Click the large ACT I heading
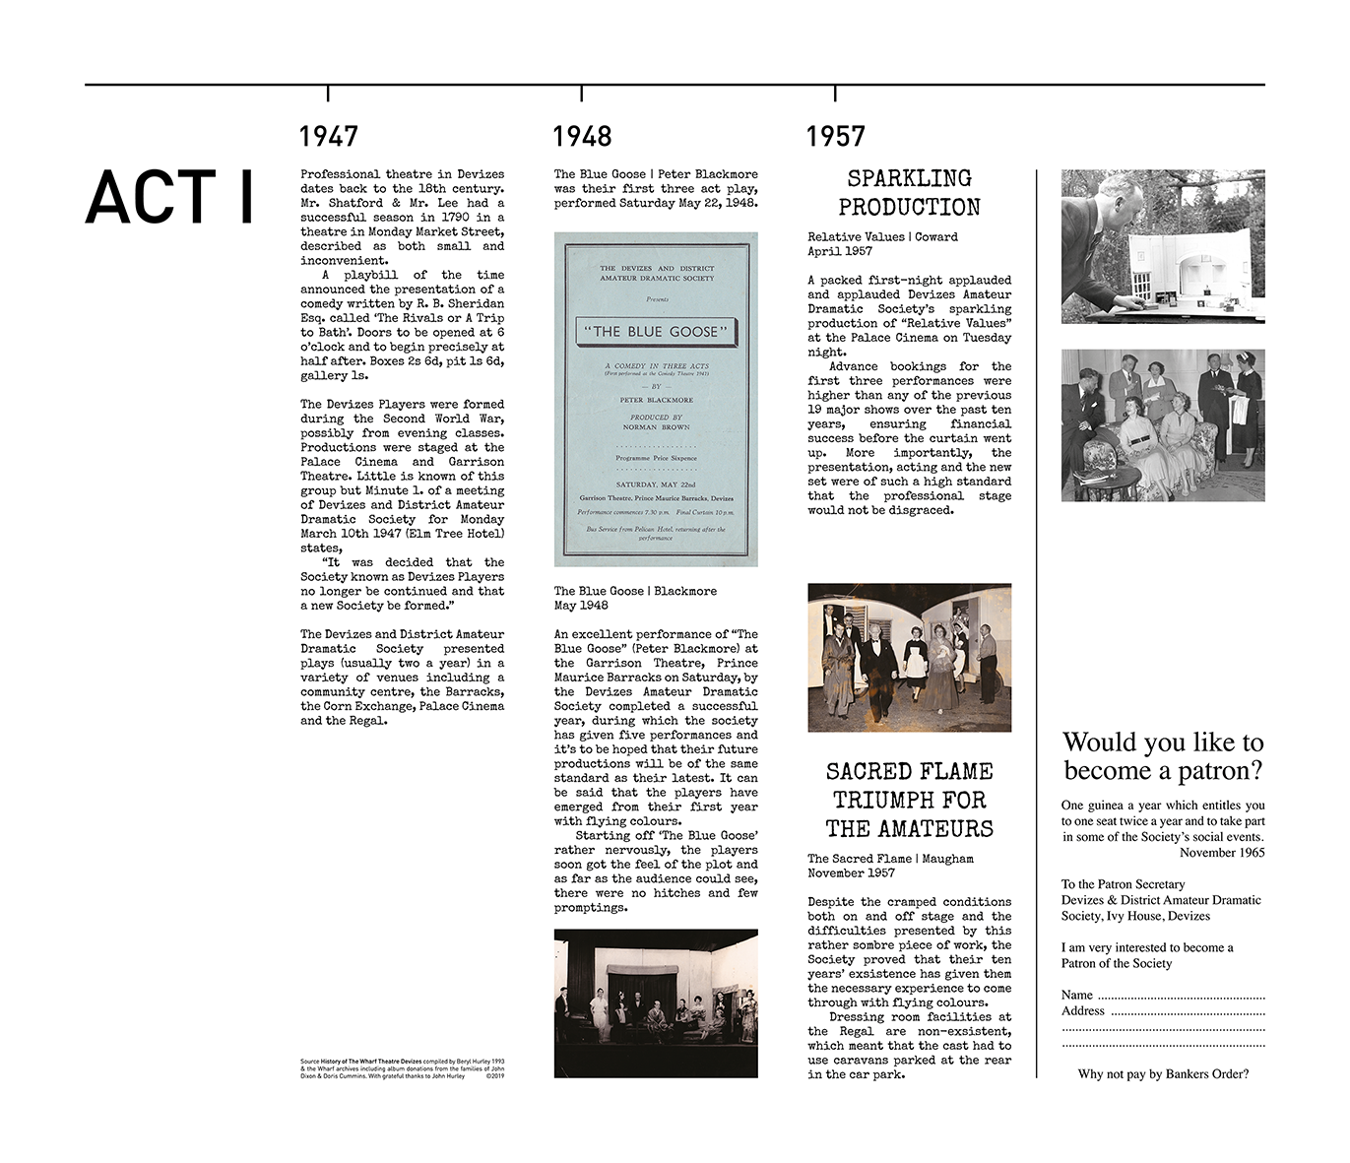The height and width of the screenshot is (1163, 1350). pyautogui.click(x=169, y=197)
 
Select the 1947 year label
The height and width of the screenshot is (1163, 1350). pyautogui.click(x=328, y=136)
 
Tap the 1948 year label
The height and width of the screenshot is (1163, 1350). pyautogui.click(x=582, y=136)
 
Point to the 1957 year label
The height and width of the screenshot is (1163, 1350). pyautogui.click(x=835, y=136)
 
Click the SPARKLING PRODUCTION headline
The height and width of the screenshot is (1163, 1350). pyautogui.click(x=909, y=192)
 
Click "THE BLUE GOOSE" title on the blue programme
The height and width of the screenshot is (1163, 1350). pyautogui.click(x=655, y=332)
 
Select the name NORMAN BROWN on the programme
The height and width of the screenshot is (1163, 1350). pyautogui.click(x=655, y=427)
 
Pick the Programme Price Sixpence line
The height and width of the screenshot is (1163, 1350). pyautogui.click(x=655, y=458)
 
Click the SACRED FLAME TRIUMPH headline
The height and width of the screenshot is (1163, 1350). pyautogui.click(x=909, y=800)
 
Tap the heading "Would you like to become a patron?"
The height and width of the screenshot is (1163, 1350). pyautogui.click(x=1163, y=755)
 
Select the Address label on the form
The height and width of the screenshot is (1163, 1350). pyautogui.click(x=1082, y=1010)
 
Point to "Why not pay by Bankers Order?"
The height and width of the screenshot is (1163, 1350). pyautogui.click(x=1163, y=1073)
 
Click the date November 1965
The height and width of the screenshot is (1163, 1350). pyautogui.click(x=1222, y=853)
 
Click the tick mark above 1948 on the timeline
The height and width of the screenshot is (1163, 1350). pyautogui.click(x=581, y=94)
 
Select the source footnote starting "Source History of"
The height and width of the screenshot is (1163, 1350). pyautogui.click(x=402, y=1068)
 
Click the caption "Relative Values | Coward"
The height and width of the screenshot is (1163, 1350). pyautogui.click(x=882, y=236)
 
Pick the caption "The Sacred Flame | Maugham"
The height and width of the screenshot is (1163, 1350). pyautogui.click(x=890, y=859)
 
